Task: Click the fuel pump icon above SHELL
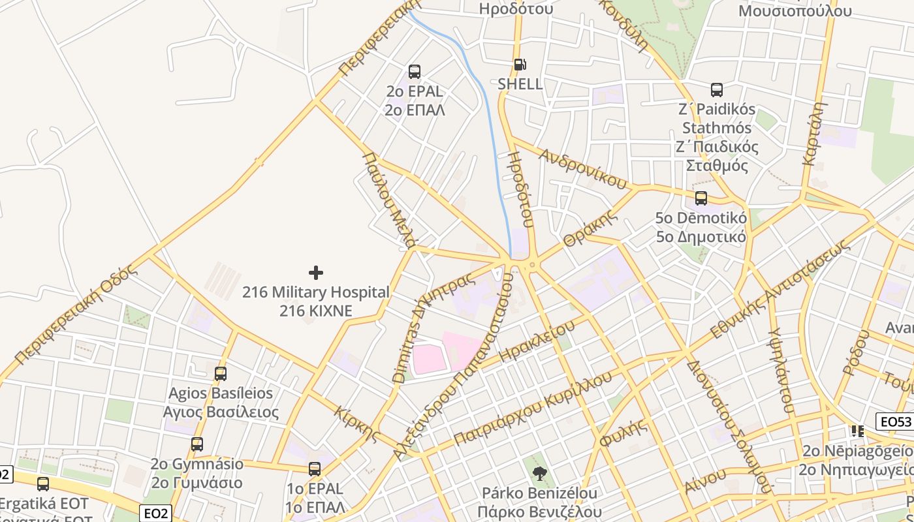[x=520, y=65]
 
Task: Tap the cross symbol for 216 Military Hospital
[x=316, y=272]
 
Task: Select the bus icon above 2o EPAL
[x=415, y=72]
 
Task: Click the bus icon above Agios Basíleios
[x=221, y=374]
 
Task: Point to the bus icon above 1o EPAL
[x=315, y=469]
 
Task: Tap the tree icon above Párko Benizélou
[x=539, y=473]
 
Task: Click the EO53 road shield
[x=894, y=422]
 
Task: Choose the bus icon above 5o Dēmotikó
[x=701, y=198]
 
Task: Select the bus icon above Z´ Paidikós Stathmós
[x=717, y=90]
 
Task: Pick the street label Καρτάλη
[x=816, y=133]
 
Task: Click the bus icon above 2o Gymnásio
[x=197, y=444]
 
